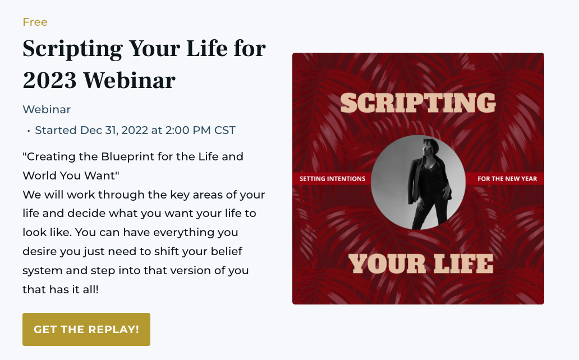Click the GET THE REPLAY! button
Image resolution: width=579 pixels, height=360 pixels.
point(86,329)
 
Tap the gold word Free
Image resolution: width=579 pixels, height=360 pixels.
point(35,22)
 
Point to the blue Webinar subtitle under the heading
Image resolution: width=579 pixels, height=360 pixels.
point(47,109)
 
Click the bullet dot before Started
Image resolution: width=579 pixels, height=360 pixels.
point(29,131)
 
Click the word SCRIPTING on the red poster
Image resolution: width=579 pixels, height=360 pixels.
point(418,103)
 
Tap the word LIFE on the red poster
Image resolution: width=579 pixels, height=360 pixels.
point(463,264)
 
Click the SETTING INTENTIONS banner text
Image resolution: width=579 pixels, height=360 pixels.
point(332,179)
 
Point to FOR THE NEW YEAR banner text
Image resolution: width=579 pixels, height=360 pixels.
point(507,179)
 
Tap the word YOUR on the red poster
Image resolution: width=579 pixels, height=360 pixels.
point(387,264)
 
